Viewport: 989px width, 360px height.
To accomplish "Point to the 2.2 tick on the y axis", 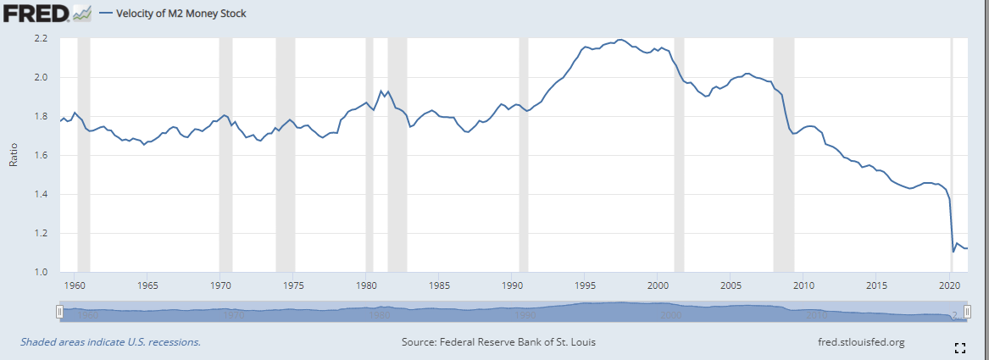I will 40,39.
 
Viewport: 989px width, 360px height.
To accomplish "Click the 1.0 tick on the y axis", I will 40,272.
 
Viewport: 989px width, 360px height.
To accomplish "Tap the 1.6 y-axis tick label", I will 40,156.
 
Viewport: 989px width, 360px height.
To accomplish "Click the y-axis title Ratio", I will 14,156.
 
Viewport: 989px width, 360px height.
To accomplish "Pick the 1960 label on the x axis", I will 75,285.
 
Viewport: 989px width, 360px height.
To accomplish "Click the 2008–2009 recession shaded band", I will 784,152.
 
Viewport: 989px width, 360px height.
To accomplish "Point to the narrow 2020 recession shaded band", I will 952,152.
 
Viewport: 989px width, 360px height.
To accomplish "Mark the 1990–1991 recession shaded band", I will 523,152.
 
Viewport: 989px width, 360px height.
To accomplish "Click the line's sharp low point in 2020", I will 953,252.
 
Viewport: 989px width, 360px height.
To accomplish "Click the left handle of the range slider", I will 59,313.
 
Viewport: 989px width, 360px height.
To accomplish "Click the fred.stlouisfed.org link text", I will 858,342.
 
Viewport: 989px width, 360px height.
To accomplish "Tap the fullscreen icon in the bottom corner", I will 960,347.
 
